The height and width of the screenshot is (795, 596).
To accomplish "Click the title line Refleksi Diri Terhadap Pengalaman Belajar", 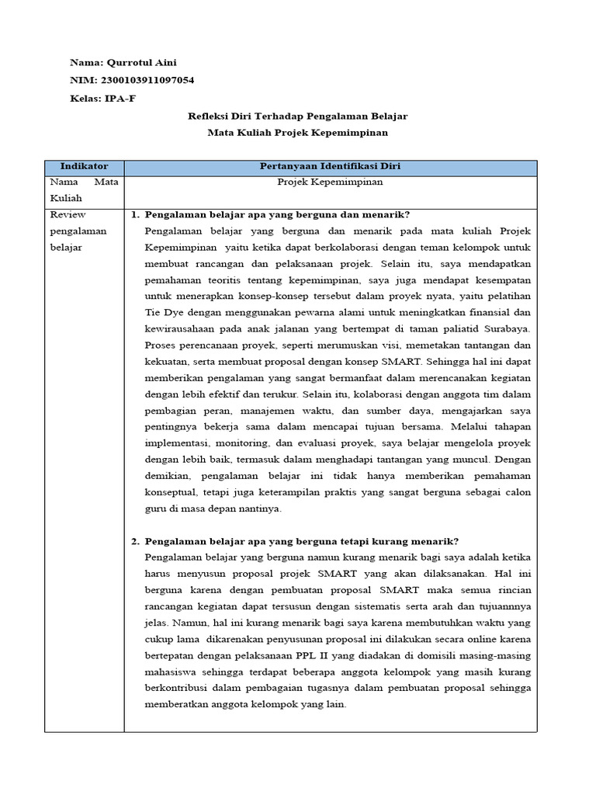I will (298, 116).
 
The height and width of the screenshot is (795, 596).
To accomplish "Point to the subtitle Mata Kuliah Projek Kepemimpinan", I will (298, 134).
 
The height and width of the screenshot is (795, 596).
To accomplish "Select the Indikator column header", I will (84, 167).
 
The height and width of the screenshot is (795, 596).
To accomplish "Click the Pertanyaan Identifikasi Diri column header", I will (330, 167).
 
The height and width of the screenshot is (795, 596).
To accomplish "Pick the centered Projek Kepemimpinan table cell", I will (330, 182).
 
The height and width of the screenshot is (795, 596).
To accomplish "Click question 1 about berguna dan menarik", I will (277, 215).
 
